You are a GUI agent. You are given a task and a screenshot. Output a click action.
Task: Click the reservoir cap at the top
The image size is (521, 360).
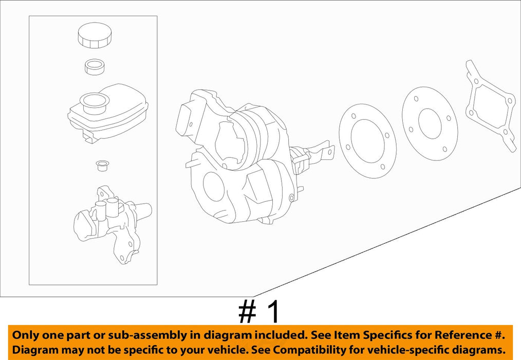click(95, 35)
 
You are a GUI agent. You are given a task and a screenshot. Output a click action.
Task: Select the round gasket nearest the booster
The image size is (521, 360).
click(368, 141)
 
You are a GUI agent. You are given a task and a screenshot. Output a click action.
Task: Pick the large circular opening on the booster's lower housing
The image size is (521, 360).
click(213, 186)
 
